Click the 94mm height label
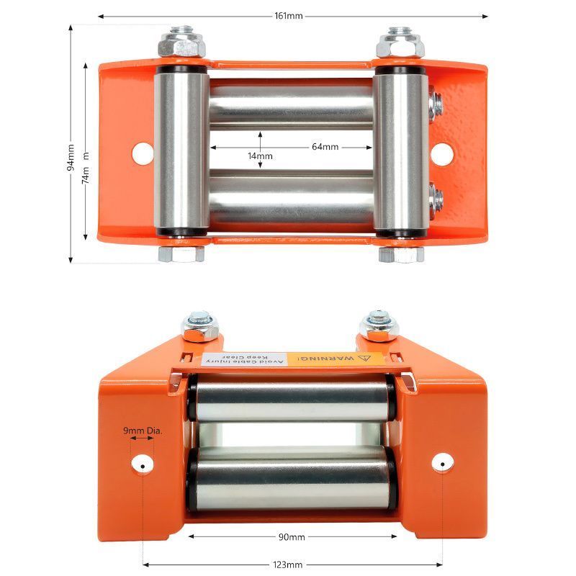click(71, 156)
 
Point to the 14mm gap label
click(260, 156)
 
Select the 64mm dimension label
click(325, 147)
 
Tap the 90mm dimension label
click(292, 537)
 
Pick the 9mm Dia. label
click(143, 431)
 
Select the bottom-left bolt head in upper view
click(181, 253)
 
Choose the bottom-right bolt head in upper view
click(400, 253)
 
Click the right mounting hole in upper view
click(441, 153)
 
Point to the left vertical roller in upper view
click(181, 151)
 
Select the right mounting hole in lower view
click(441, 462)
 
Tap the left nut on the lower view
click(199, 326)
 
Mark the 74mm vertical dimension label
click(86, 173)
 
